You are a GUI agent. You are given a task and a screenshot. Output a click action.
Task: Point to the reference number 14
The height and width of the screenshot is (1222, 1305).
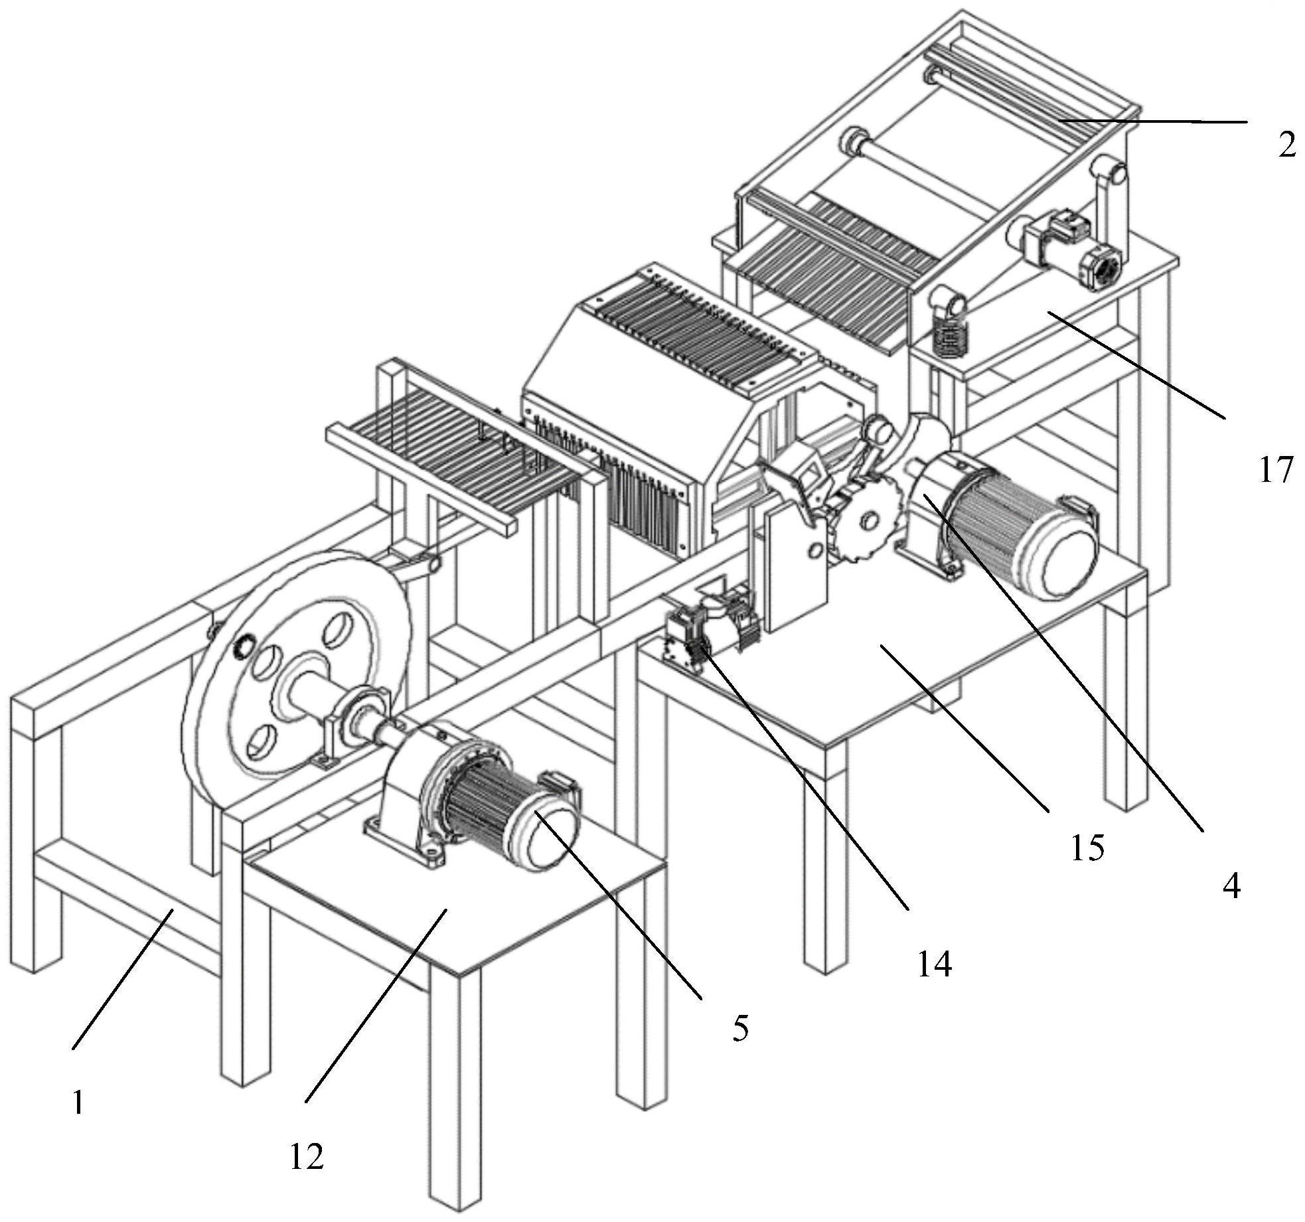coord(934,964)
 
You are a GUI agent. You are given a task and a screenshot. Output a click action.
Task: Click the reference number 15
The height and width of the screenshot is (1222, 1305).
coord(1087,848)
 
